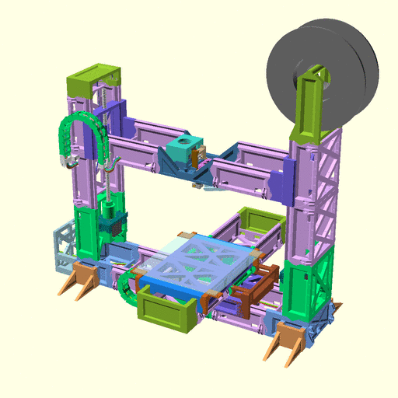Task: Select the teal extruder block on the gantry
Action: coord(180,152)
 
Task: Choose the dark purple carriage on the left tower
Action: coord(117,117)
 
